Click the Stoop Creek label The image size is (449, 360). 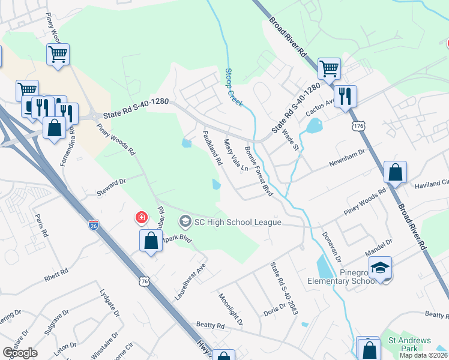234,88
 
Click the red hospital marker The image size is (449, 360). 142,217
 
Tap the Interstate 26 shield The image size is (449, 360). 93,226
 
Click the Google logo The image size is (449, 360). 20,353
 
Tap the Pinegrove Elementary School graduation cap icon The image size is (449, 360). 380,268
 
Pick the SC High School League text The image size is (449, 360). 237,223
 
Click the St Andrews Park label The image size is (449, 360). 409,344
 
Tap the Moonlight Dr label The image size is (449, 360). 231,310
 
